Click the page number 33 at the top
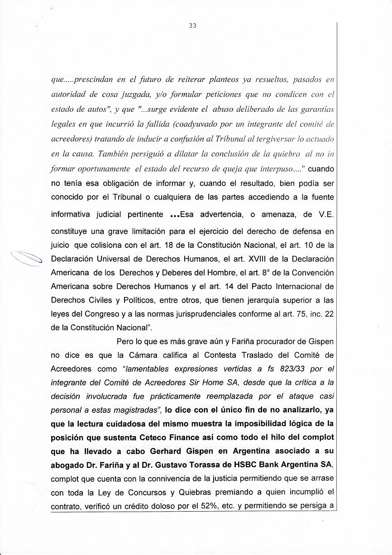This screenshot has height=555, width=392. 192,26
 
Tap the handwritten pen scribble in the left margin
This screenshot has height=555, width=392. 27,259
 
